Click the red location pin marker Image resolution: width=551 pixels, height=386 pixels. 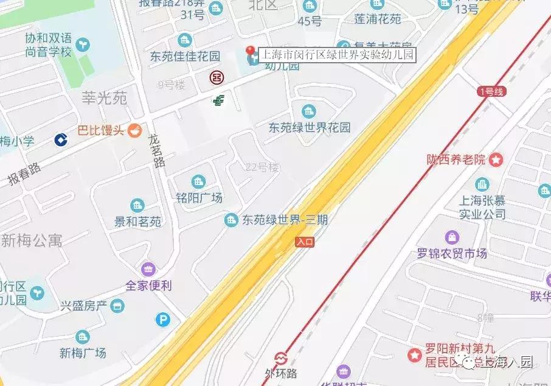point(250,52)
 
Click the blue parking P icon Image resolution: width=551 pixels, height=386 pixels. point(162,319)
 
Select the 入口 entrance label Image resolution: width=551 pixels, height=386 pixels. point(305,242)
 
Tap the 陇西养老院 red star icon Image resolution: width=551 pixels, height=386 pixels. point(497,160)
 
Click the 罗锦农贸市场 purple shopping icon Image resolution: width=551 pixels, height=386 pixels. point(452,237)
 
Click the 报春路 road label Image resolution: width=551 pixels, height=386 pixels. point(24,174)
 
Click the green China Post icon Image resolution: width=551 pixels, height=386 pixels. point(218,100)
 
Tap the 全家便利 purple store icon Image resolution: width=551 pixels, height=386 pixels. point(148,268)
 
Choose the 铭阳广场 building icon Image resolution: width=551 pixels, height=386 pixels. point(198,181)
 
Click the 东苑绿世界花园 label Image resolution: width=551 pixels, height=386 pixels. point(310,128)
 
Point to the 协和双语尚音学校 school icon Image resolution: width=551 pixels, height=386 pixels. point(83,44)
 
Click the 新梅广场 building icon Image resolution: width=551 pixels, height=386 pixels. point(83,337)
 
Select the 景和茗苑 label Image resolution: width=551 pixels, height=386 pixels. point(137,222)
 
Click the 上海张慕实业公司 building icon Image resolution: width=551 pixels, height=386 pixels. point(482,184)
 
